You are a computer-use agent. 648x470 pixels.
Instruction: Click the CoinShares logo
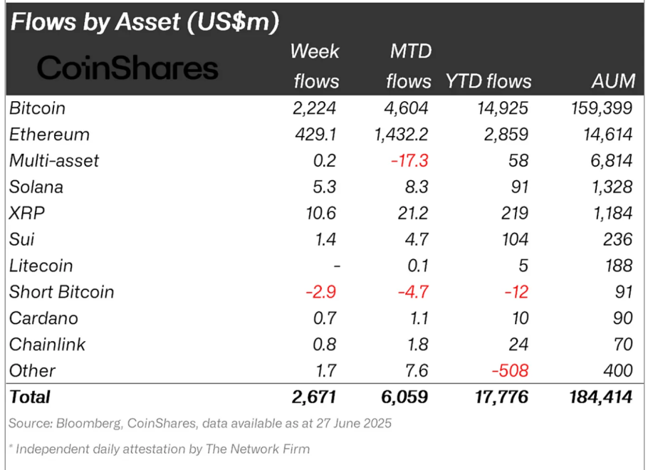(127, 68)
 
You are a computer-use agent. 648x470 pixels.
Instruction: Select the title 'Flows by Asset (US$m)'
(143, 21)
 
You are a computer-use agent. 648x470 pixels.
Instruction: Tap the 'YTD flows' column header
(488, 81)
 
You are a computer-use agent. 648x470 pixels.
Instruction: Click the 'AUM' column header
(613, 81)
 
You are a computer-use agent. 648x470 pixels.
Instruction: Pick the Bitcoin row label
(37, 108)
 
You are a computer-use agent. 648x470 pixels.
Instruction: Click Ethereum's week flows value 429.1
(315, 135)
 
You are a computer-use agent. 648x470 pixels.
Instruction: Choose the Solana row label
(36, 187)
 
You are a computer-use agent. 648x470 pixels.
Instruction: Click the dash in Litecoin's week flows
(336, 266)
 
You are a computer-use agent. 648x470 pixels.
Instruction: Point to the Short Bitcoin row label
(62, 292)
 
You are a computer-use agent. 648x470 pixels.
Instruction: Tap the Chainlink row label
(48, 345)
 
